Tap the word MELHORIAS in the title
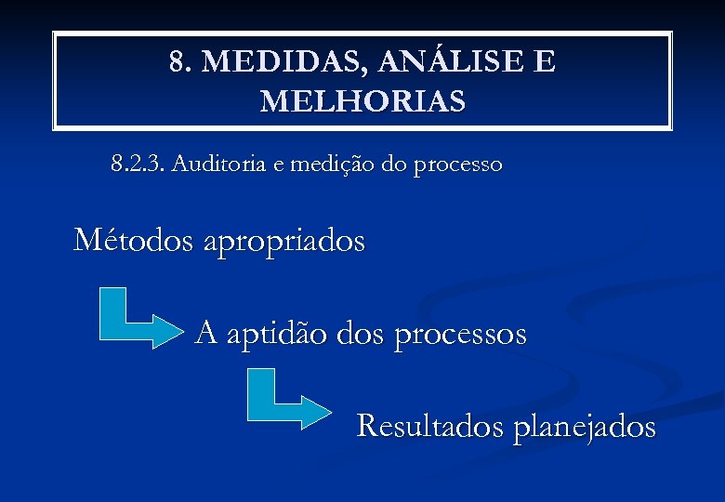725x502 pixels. tap(362, 100)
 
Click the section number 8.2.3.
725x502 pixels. tap(137, 165)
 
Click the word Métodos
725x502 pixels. tap(133, 240)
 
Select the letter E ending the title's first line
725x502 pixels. tap(545, 62)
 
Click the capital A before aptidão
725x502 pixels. tap(207, 332)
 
